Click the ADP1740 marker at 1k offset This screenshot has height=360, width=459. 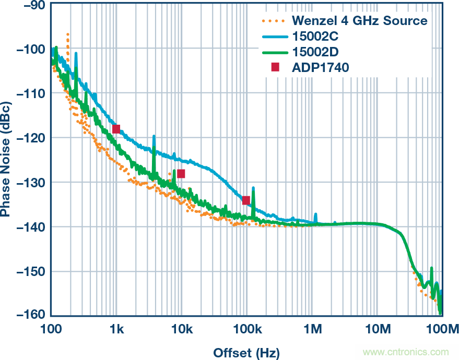[116, 129]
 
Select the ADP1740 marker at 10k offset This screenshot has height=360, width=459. [181, 174]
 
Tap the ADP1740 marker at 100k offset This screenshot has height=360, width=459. [246, 200]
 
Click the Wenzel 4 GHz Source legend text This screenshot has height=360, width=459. [359, 21]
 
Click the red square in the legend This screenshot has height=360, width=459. [276, 67]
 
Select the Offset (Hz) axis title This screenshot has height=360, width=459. [246, 352]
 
